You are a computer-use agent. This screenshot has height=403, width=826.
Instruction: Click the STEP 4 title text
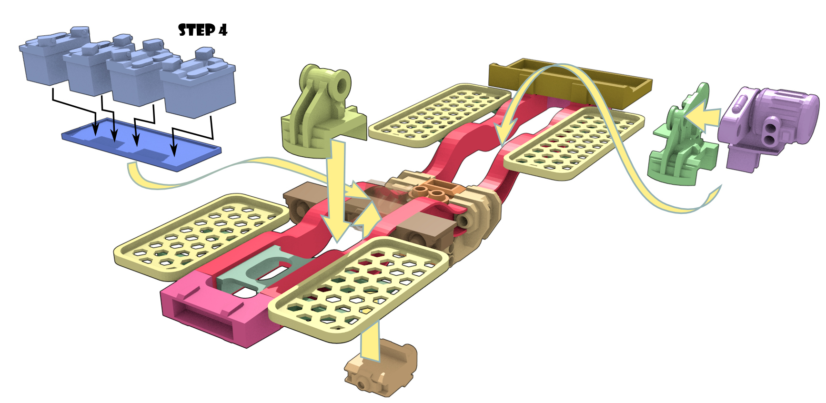tap(202, 30)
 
